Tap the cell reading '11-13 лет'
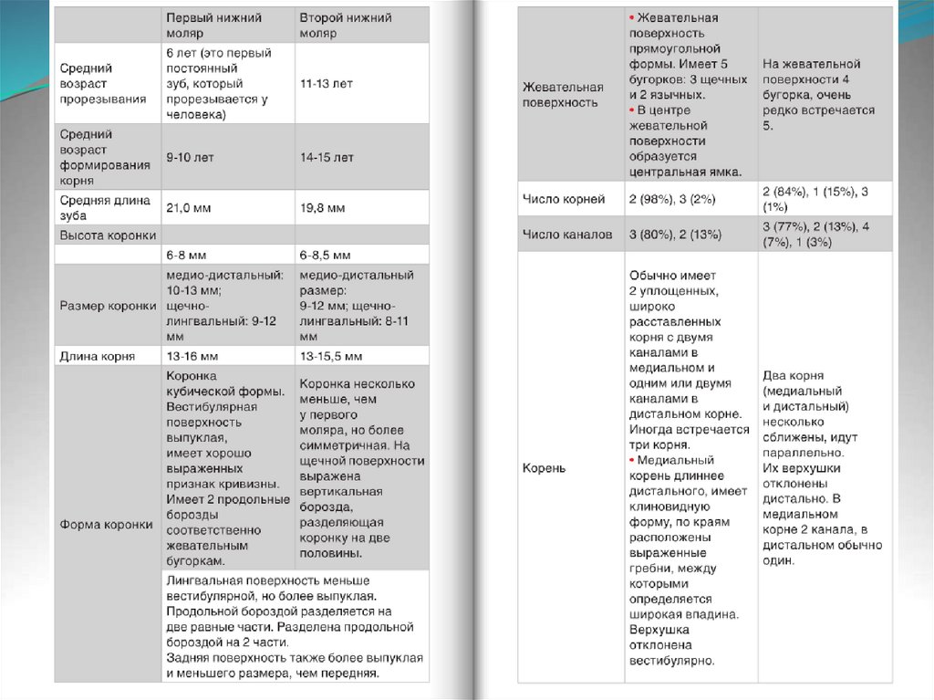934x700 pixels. coord(326,83)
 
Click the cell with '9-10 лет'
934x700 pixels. coord(190,157)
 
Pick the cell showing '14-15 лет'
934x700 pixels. coord(327,157)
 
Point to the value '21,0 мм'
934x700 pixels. coord(188,208)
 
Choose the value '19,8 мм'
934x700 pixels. coord(323,208)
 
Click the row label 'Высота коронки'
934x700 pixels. coord(108,235)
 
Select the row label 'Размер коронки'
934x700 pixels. coord(108,306)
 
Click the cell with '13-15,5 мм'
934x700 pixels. coord(331,356)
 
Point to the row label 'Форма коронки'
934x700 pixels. coord(106,525)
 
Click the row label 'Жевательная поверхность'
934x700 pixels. coord(563,95)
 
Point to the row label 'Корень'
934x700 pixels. coord(544,468)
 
